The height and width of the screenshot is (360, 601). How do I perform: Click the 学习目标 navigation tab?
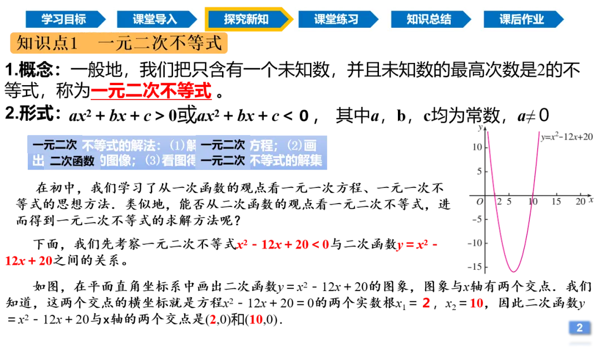pos(63,19)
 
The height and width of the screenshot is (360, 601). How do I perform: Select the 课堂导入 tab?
pos(155,19)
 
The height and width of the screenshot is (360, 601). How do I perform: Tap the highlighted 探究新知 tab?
pos(247,19)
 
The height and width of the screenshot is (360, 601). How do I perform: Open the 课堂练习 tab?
pos(336,19)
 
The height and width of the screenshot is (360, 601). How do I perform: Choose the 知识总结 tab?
pos(428,19)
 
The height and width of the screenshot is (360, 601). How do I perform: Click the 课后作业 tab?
pos(521,19)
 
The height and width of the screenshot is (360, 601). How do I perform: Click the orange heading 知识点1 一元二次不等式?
pos(119,43)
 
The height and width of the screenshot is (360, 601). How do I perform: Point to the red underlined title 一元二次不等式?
pos(151,92)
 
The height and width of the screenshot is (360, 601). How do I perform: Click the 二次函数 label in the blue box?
pos(72,161)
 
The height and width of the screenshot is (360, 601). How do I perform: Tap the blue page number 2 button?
pos(579,328)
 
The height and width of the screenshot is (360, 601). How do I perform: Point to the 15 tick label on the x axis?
pos(556,202)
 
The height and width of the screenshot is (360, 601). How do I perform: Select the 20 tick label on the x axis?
pos(580,202)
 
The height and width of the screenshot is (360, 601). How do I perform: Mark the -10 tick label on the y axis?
pos(476,243)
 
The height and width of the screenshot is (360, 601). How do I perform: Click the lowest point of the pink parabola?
pos(514,272)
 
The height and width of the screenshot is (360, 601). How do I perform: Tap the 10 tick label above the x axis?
pos(533,201)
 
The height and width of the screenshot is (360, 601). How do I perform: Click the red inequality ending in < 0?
pos(283,244)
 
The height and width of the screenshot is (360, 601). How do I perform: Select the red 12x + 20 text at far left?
pos(28,261)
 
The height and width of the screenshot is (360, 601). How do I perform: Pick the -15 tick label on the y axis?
pos(476,267)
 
